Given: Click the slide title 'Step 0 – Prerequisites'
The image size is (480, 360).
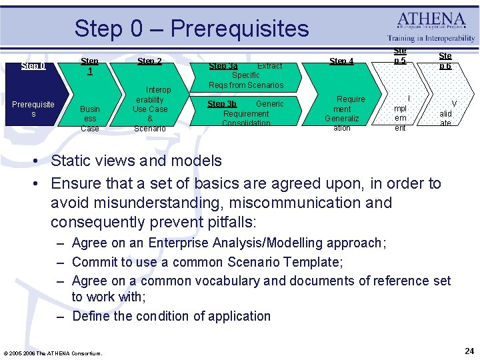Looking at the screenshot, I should point(191,29).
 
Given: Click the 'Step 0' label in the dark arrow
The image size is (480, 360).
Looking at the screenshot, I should point(33,66).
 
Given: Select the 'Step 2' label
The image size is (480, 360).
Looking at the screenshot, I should point(149,61).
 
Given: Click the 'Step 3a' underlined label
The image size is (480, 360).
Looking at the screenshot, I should point(223,66).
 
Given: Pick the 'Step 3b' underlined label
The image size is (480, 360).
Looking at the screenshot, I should point(222,104).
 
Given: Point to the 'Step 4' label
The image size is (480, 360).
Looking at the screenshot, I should point(341,61).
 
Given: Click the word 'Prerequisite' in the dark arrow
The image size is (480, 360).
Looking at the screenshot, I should point(33,105).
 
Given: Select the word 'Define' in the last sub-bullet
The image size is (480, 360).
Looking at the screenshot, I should point(91,316).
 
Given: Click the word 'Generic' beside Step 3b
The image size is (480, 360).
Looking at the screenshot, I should point(270,104).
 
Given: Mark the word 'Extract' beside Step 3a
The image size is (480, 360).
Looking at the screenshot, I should point(270,66).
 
